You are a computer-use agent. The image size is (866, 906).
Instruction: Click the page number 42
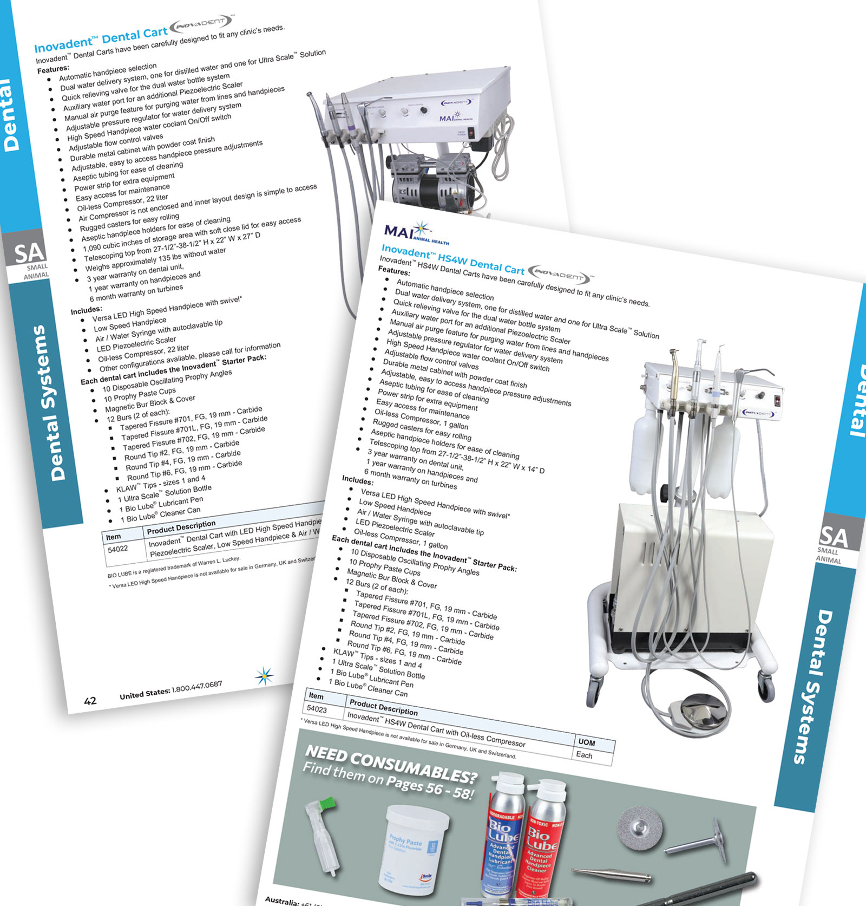[90, 701]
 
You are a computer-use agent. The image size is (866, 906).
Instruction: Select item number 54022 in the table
[118, 549]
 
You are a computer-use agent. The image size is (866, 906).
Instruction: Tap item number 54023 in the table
[317, 708]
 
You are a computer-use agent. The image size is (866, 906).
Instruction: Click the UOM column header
[587, 742]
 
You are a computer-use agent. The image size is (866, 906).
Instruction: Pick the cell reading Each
[584, 755]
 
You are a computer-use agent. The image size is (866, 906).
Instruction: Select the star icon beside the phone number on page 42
[264, 676]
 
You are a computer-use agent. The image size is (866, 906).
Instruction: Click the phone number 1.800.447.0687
[196, 687]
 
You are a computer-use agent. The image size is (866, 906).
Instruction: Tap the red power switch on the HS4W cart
[778, 401]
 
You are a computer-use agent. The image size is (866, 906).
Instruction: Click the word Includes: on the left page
[86, 311]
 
